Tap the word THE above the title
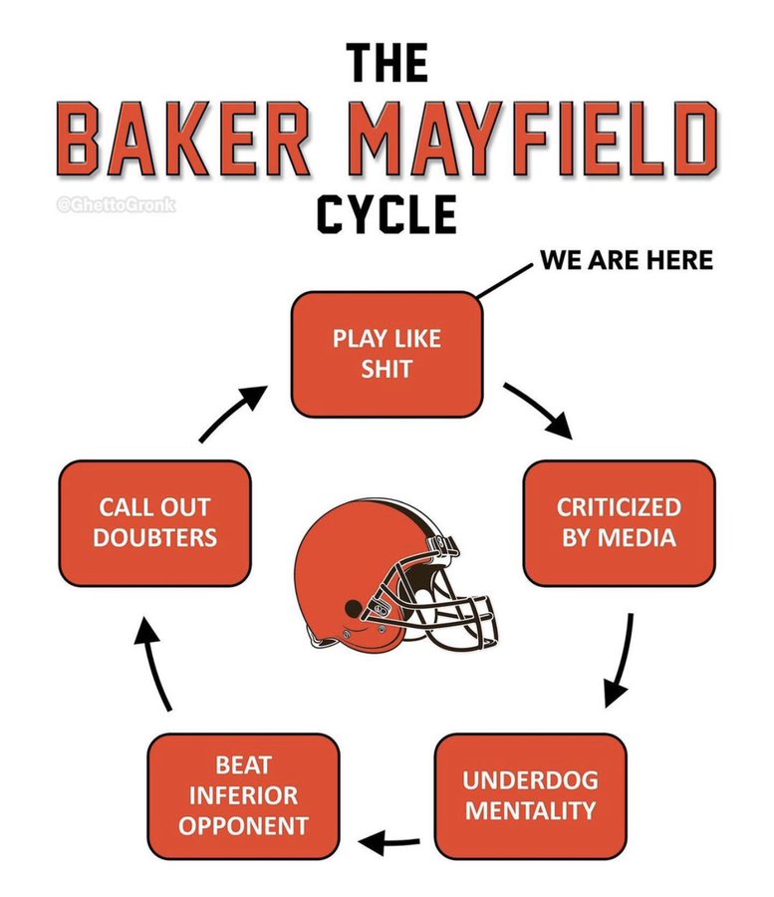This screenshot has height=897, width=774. click(x=387, y=64)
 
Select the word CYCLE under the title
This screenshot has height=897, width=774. click(x=387, y=213)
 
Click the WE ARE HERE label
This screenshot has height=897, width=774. click(x=627, y=260)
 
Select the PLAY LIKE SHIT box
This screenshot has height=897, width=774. click(x=387, y=353)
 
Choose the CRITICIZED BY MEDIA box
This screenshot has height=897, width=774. click(x=618, y=521)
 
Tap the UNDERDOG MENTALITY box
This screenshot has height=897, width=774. click(x=530, y=794)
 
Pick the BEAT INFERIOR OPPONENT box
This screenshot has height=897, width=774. click(x=243, y=794)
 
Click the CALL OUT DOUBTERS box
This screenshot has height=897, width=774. click(x=157, y=521)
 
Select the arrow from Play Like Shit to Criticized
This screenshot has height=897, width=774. click(x=538, y=409)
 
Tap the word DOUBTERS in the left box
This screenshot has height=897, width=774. click(x=157, y=537)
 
